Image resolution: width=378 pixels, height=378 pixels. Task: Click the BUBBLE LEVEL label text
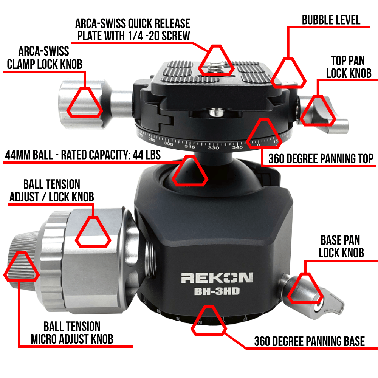[x=331, y=20]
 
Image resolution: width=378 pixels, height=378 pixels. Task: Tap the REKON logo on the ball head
[x=217, y=278]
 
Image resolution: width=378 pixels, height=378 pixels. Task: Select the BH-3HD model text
[x=217, y=291]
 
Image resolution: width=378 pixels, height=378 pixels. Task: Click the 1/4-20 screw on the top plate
[x=216, y=68]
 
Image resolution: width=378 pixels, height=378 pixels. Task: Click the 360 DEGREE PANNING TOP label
[x=321, y=159]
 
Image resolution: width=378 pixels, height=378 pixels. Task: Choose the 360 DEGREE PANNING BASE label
[x=310, y=341]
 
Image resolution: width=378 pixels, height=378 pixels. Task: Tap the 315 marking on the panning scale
[x=190, y=146]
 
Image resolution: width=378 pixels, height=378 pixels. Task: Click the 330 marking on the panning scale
[x=213, y=147]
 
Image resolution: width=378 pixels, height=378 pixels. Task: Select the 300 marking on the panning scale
[x=169, y=144]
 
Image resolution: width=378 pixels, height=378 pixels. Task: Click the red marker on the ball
[x=190, y=171]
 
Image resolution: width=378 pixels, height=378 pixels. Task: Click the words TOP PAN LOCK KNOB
[x=349, y=67]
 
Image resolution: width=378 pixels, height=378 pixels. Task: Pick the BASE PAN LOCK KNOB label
[x=341, y=246]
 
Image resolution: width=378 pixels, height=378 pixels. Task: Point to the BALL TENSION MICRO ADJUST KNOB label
[x=72, y=333]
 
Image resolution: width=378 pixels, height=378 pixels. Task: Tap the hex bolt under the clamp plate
[x=216, y=112]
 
